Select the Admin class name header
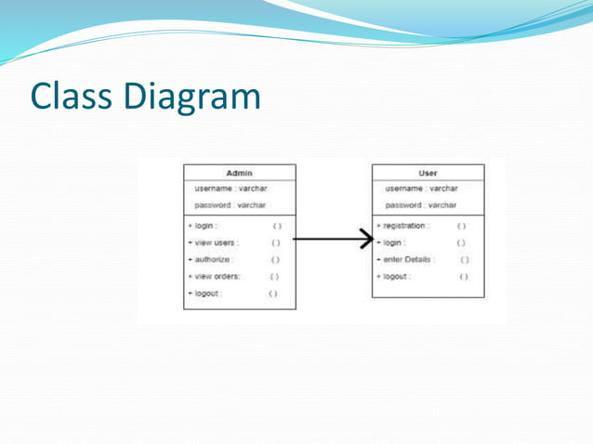coord(240,173)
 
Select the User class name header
coord(428,173)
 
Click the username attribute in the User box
coord(421,189)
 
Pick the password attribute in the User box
coord(421,204)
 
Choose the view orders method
coord(214,276)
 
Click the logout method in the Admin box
coord(204,293)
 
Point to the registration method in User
coord(402,226)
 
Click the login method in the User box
coord(391,242)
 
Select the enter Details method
coord(405,259)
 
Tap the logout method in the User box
coord(393,276)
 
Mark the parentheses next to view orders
coord(274,276)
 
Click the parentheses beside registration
coord(462,226)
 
